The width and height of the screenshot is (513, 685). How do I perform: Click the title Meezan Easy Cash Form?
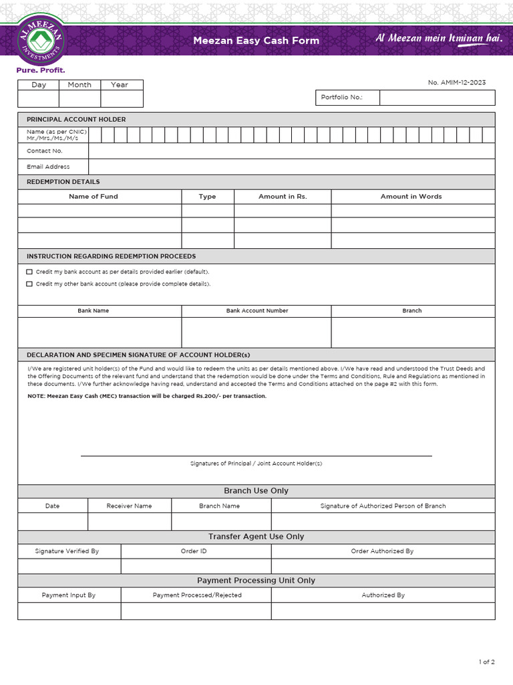(256, 41)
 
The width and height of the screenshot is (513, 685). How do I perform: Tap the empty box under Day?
(38, 98)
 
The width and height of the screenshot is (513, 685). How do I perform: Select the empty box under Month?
(79, 98)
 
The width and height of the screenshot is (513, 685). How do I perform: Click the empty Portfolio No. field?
(437, 98)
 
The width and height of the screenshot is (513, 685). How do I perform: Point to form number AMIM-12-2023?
(457, 82)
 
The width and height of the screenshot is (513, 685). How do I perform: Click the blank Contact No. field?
(291, 151)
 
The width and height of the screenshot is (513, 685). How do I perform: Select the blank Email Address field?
(291, 167)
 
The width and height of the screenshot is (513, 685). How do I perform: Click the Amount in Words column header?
(411, 197)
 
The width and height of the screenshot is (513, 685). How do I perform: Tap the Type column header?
(207, 197)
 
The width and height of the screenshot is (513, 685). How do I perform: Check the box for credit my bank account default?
(29, 272)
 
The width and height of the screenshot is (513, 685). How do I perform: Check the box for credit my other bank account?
(29, 284)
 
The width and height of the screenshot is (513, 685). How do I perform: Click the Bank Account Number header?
(257, 311)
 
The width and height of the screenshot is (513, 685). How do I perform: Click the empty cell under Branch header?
(412, 332)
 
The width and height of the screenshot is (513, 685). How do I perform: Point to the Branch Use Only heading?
(256, 491)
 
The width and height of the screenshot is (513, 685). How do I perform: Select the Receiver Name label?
(129, 506)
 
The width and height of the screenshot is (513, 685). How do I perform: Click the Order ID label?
(194, 551)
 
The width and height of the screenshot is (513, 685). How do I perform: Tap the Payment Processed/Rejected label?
(197, 595)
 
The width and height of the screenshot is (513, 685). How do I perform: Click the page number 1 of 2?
(486, 662)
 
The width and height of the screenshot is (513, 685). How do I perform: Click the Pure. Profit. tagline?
(41, 70)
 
